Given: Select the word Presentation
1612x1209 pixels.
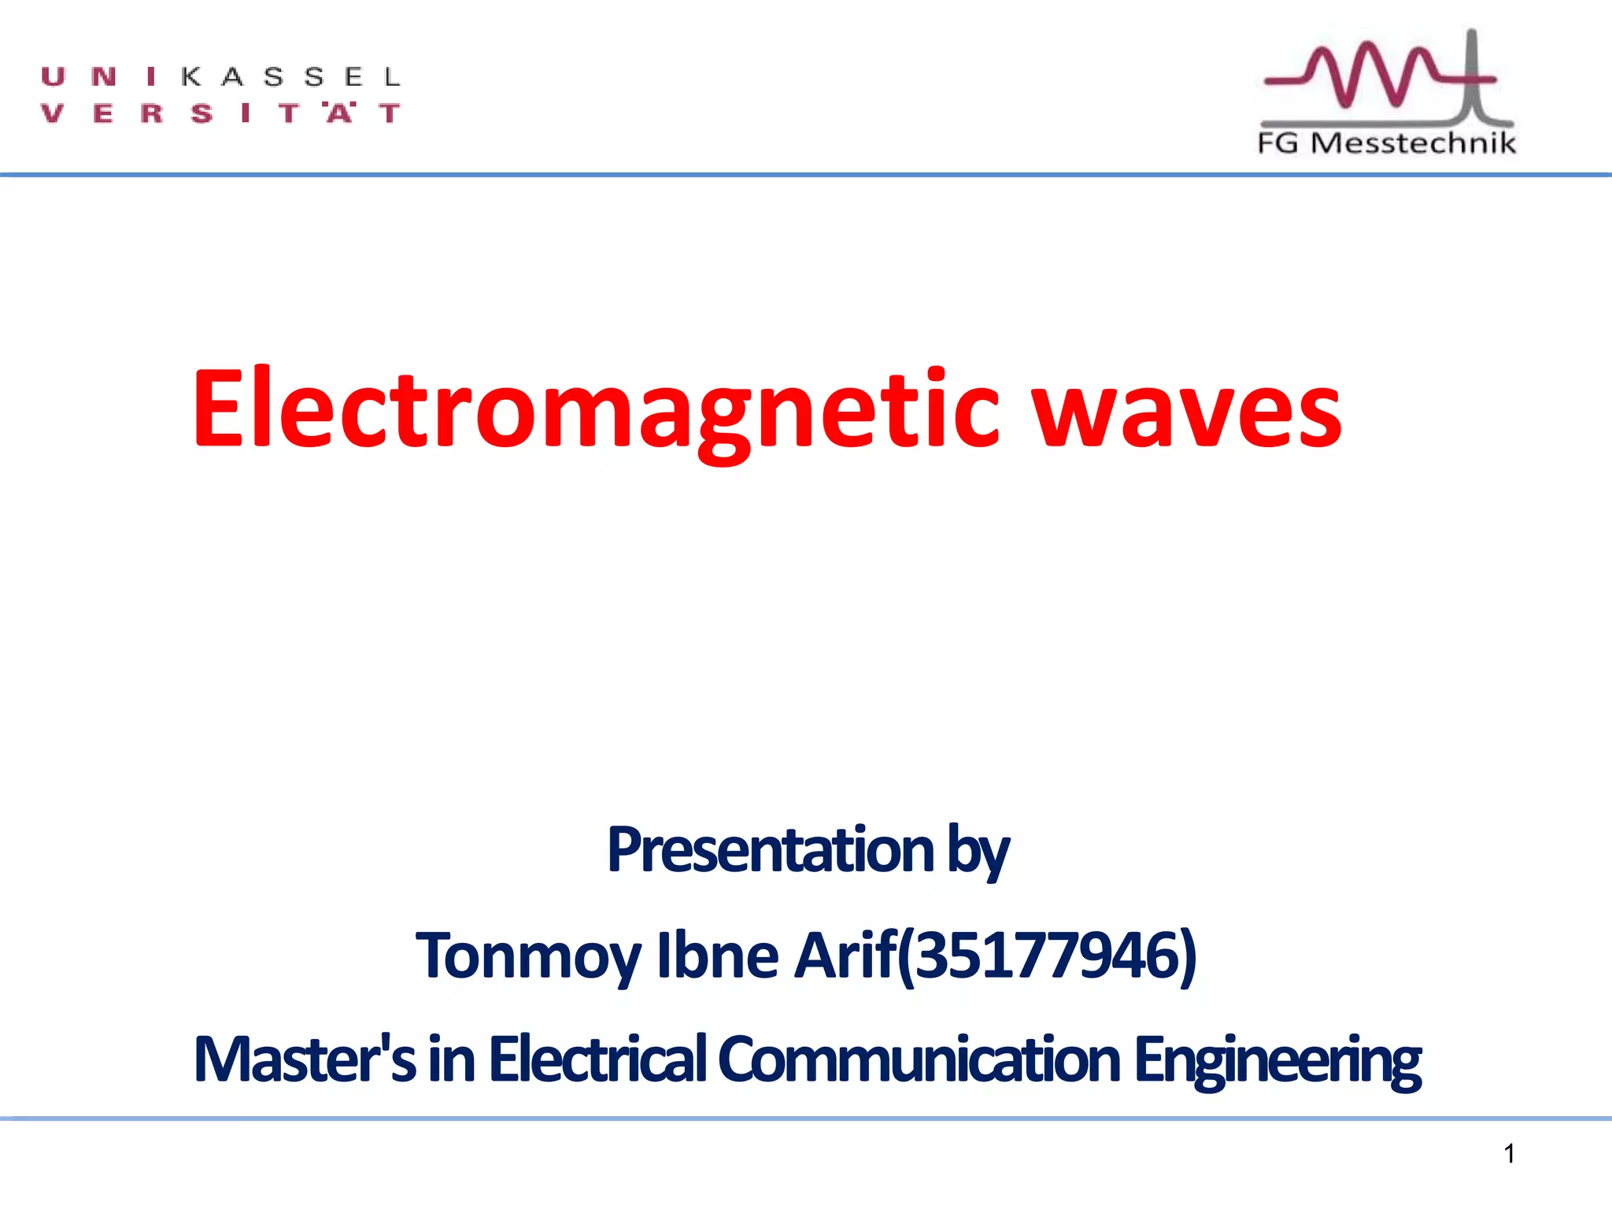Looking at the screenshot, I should (771, 850).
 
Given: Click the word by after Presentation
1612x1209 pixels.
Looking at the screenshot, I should (978, 852).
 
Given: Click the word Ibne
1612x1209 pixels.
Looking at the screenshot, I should (718, 956).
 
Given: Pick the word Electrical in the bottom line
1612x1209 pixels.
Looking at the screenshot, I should (597, 1059).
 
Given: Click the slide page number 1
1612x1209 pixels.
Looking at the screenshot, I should (1509, 1154).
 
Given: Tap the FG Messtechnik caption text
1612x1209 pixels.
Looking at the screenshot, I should (1386, 143).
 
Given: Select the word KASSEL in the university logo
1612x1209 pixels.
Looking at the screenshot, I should (291, 77).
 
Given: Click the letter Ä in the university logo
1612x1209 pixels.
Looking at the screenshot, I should (340, 113).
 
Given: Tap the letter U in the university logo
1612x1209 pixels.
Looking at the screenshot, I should (53, 77).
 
